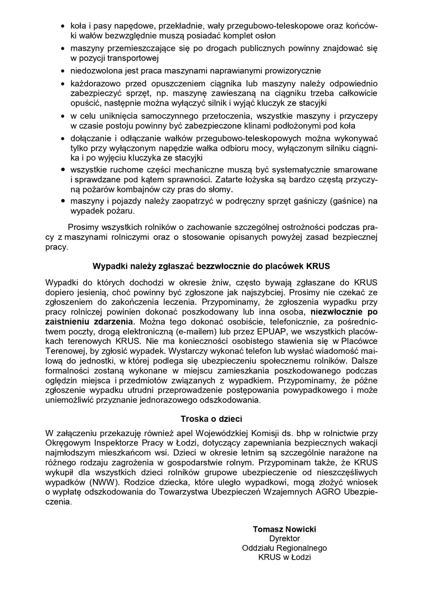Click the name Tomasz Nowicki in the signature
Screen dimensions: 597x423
coord(285,529)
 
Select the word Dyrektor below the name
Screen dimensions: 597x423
coord(285,538)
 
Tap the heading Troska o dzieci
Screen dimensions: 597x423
coord(211,418)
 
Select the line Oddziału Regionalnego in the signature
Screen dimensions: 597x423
coord(285,548)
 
